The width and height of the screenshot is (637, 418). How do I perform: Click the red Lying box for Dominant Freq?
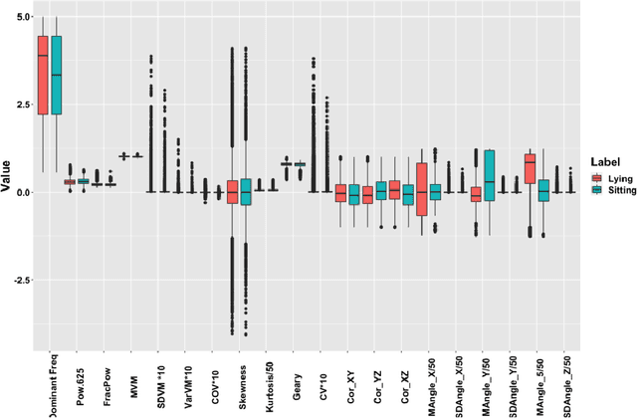tap(42, 75)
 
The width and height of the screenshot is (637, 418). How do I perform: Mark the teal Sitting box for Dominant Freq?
tap(56, 76)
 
